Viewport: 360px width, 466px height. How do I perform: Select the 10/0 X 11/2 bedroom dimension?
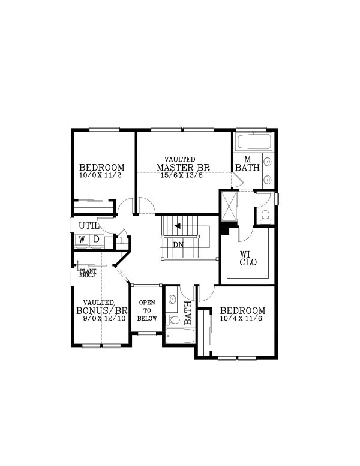coord(101,175)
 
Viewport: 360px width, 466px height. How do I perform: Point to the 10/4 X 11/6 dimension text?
coord(242,319)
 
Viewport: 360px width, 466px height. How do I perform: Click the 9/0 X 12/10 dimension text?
coord(102,319)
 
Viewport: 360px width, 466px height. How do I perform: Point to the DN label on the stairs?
coord(178,245)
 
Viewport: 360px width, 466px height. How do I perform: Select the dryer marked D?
coord(96,240)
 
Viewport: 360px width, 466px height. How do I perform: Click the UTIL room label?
coord(88,225)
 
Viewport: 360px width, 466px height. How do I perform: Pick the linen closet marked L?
coord(122,241)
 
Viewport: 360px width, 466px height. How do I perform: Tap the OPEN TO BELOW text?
coord(147,310)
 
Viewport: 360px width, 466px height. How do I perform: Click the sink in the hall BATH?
coord(173,298)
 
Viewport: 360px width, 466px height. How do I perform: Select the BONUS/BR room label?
coord(102,310)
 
